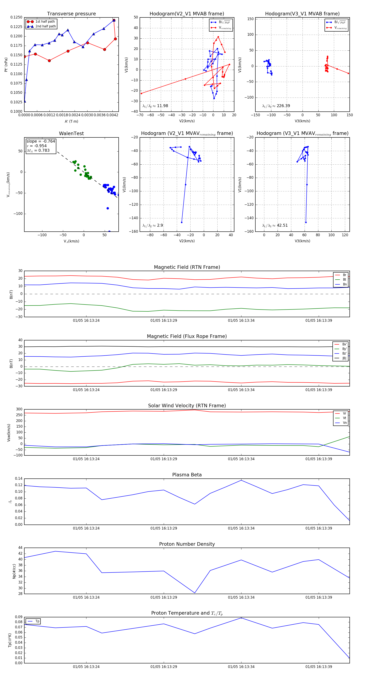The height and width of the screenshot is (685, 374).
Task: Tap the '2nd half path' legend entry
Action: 46,26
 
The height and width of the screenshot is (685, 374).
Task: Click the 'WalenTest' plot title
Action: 71,133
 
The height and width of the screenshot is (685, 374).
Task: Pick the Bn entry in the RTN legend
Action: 344,284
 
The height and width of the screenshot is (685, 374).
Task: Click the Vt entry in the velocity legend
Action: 344,418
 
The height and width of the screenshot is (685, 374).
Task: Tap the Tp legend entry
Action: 37,621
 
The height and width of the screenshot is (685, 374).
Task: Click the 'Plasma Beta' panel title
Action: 187,475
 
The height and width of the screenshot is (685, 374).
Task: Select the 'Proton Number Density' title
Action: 187,544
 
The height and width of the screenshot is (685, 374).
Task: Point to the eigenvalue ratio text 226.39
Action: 283,106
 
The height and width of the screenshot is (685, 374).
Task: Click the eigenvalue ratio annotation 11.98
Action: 162,106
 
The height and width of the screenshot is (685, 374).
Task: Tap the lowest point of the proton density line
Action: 195,593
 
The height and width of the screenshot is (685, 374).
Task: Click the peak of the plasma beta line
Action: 241,480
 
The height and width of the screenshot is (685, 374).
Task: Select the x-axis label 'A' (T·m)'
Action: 71,121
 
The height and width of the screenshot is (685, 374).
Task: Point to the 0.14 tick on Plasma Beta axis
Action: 19,479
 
